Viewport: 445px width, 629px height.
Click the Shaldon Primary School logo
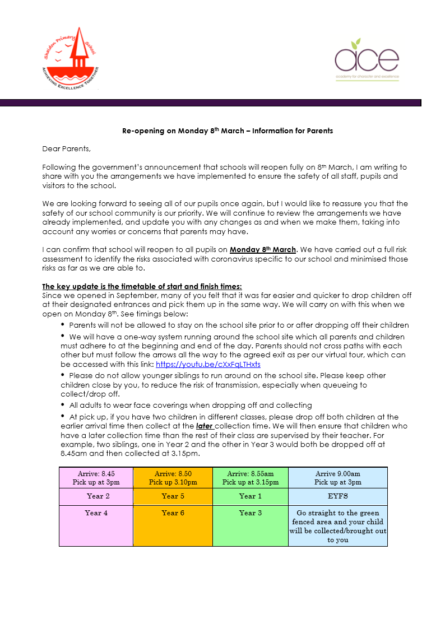(x=71, y=58)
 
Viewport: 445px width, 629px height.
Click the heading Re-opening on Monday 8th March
(x=228, y=131)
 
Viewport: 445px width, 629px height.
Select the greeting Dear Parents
(x=66, y=149)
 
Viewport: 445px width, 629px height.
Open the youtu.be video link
(x=208, y=364)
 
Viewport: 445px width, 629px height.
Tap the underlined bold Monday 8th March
(x=262, y=249)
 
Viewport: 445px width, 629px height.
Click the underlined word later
(x=205, y=426)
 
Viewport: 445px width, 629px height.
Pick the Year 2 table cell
(x=96, y=496)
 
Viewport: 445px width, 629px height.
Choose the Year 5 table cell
(x=173, y=496)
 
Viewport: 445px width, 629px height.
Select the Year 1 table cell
(x=250, y=496)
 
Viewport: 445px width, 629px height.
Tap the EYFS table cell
(x=337, y=496)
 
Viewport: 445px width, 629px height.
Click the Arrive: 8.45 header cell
(x=96, y=478)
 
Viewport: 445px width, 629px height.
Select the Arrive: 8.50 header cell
(x=173, y=478)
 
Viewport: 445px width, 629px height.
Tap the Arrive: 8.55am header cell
(x=250, y=478)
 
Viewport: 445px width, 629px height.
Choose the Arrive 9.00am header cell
(x=337, y=478)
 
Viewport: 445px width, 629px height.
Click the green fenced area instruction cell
(x=337, y=527)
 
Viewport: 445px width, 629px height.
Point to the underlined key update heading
(x=142, y=286)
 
